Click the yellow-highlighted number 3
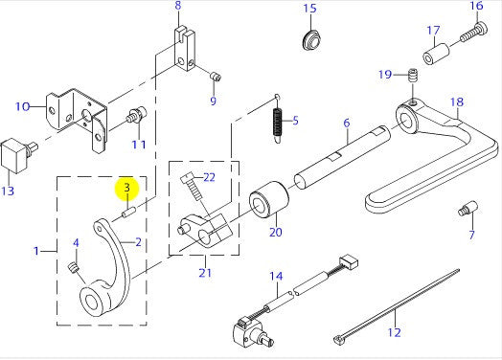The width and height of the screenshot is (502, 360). [x=127, y=188]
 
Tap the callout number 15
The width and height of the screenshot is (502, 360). [x=309, y=8]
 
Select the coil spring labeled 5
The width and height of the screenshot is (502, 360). [x=278, y=121]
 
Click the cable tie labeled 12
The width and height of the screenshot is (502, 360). [x=397, y=306]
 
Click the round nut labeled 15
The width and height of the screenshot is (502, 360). [x=311, y=40]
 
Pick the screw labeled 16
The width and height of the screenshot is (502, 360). [x=474, y=32]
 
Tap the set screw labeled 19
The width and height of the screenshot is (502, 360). [x=414, y=76]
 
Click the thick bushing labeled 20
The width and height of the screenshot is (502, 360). [x=269, y=200]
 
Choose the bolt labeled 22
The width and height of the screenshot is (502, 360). [x=194, y=189]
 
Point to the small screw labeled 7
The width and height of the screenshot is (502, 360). [x=468, y=209]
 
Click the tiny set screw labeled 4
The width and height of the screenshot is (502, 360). [x=74, y=268]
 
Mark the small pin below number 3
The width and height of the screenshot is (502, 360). [x=129, y=213]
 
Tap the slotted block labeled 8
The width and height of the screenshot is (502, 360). [x=185, y=49]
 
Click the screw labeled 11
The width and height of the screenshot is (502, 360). [x=137, y=115]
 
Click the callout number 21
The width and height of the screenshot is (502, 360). [x=205, y=273]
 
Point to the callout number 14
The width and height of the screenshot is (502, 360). [x=276, y=276]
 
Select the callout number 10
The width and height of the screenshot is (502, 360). [x=22, y=106]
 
